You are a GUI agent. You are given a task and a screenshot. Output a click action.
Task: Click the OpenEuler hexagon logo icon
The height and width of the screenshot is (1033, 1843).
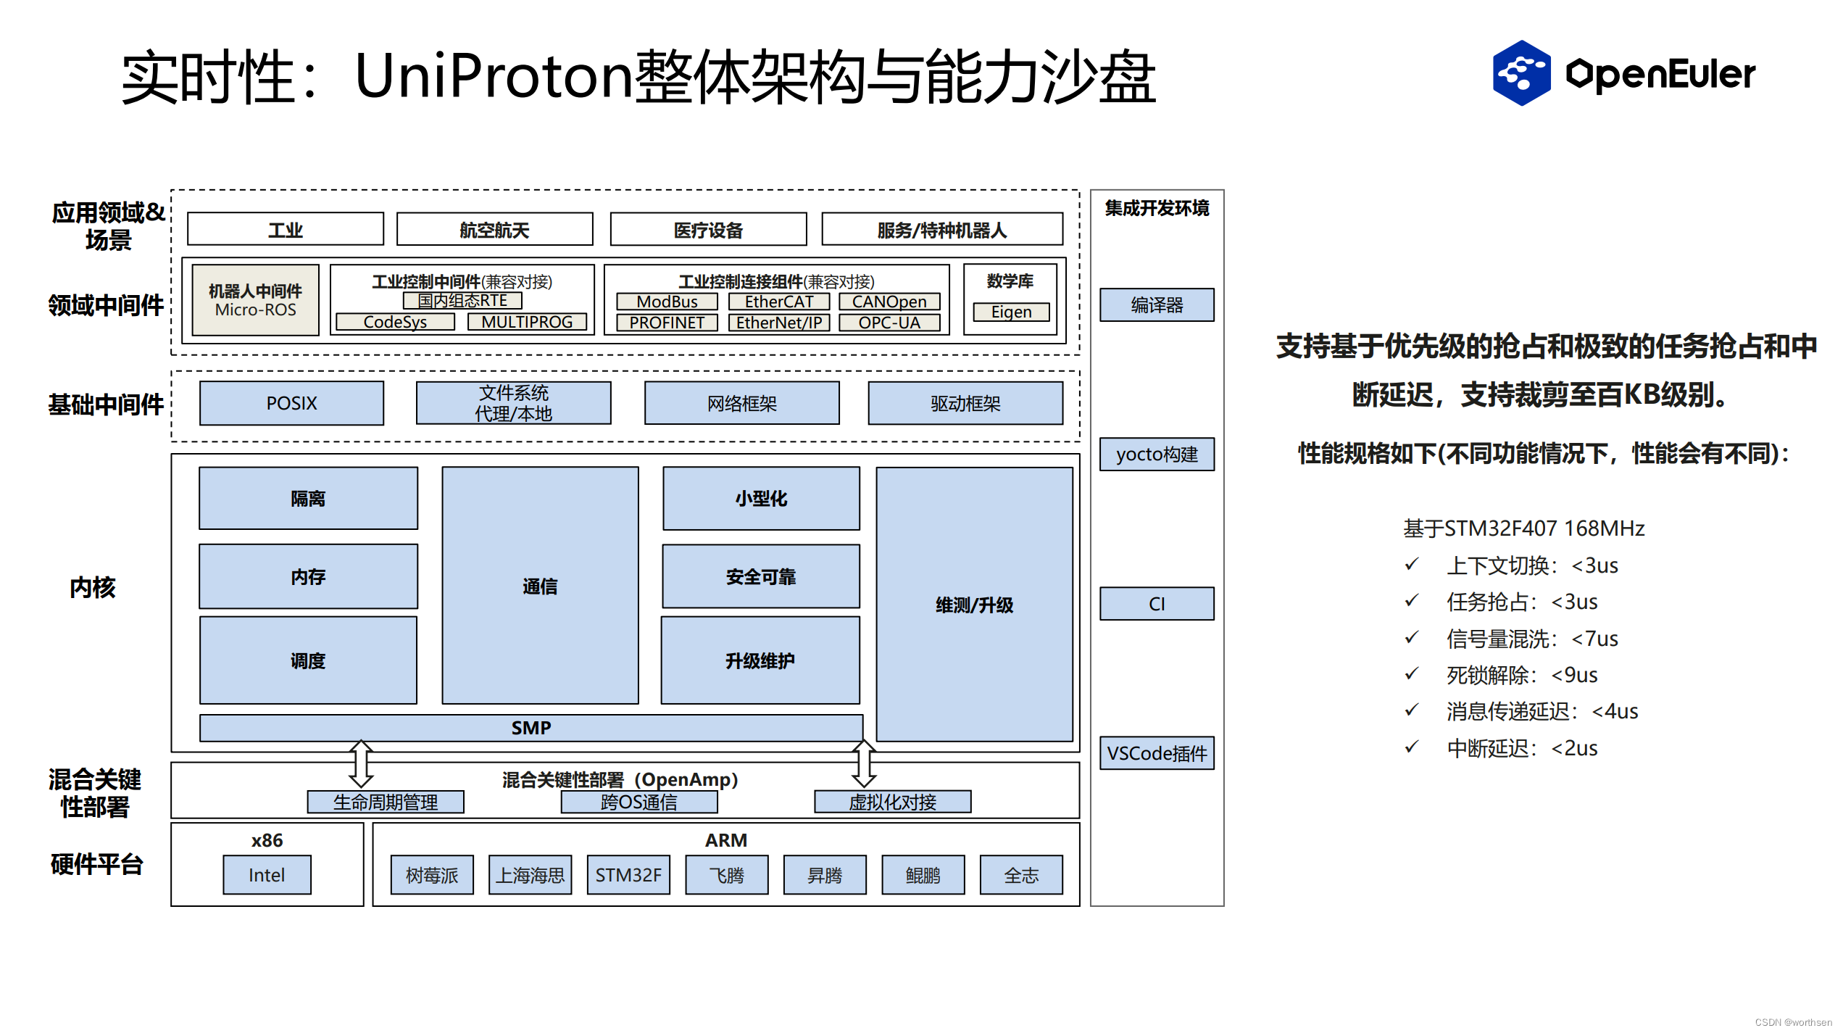(1520, 72)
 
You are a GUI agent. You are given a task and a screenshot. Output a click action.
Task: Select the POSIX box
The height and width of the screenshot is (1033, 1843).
(291, 403)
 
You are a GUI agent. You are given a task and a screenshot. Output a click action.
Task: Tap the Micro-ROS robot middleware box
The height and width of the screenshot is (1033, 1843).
(255, 300)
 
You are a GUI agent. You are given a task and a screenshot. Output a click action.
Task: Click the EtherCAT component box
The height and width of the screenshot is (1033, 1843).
(778, 302)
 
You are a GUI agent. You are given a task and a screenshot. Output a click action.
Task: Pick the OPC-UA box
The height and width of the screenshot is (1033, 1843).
(889, 323)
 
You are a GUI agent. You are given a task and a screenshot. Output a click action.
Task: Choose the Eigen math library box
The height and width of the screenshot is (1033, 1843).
(1011, 312)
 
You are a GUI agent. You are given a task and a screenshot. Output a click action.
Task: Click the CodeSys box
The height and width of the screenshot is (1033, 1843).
(395, 322)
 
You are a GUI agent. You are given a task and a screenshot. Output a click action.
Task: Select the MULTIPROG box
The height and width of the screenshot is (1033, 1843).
(527, 322)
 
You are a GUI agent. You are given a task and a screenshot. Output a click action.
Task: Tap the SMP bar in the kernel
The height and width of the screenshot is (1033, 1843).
(531, 728)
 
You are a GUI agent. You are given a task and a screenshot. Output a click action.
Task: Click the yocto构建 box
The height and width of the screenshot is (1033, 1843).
(1157, 455)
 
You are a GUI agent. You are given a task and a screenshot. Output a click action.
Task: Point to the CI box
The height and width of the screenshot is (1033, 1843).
(1157, 604)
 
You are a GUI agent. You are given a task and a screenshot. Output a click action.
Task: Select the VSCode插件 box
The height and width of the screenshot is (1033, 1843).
(1157, 753)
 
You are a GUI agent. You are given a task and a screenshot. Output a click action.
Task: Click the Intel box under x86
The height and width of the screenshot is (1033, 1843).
(267, 875)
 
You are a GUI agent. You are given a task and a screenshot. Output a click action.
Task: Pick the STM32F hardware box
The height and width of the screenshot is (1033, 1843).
(628, 875)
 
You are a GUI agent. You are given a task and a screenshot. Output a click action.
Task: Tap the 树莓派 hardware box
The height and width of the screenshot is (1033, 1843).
(432, 875)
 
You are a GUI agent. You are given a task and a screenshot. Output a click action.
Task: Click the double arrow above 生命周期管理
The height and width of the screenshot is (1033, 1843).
(361, 763)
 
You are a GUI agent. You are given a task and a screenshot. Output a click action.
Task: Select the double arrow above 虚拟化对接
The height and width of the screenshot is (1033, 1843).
(863, 763)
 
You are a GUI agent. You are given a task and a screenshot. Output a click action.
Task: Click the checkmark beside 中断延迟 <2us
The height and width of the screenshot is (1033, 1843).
(1411, 747)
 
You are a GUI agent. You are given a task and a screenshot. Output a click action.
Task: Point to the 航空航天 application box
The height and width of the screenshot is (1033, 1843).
(494, 230)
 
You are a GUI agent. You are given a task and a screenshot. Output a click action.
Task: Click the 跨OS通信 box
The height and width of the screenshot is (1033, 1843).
(638, 802)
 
